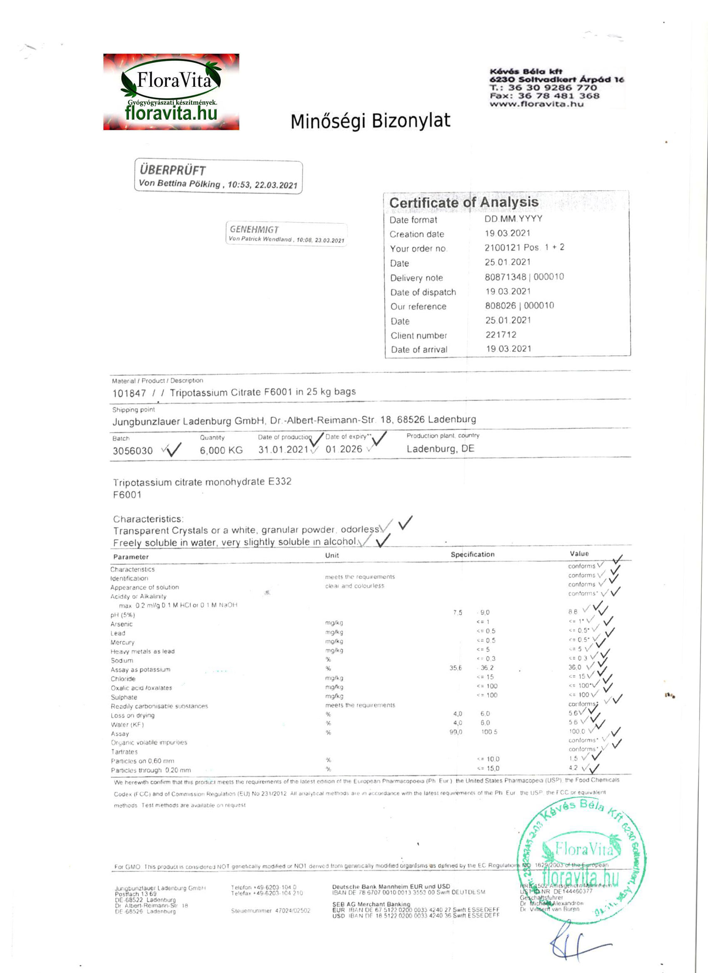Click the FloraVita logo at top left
tap(171, 92)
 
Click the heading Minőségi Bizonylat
tap(370, 121)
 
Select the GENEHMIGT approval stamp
tap(286, 234)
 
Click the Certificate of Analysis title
tap(463, 203)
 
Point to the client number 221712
tap(501, 335)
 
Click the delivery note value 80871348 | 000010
tap(524, 277)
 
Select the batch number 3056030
tap(133, 451)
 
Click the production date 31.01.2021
tap(283, 449)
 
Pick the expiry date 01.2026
tap(344, 449)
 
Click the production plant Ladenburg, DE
tap(440, 449)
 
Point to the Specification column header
tap(472, 554)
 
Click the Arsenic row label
tap(122, 624)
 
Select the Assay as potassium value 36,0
tap(574, 667)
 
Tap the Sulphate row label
tap(124, 697)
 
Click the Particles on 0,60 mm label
tap(142, 761)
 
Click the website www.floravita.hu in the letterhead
tap(536, 104)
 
